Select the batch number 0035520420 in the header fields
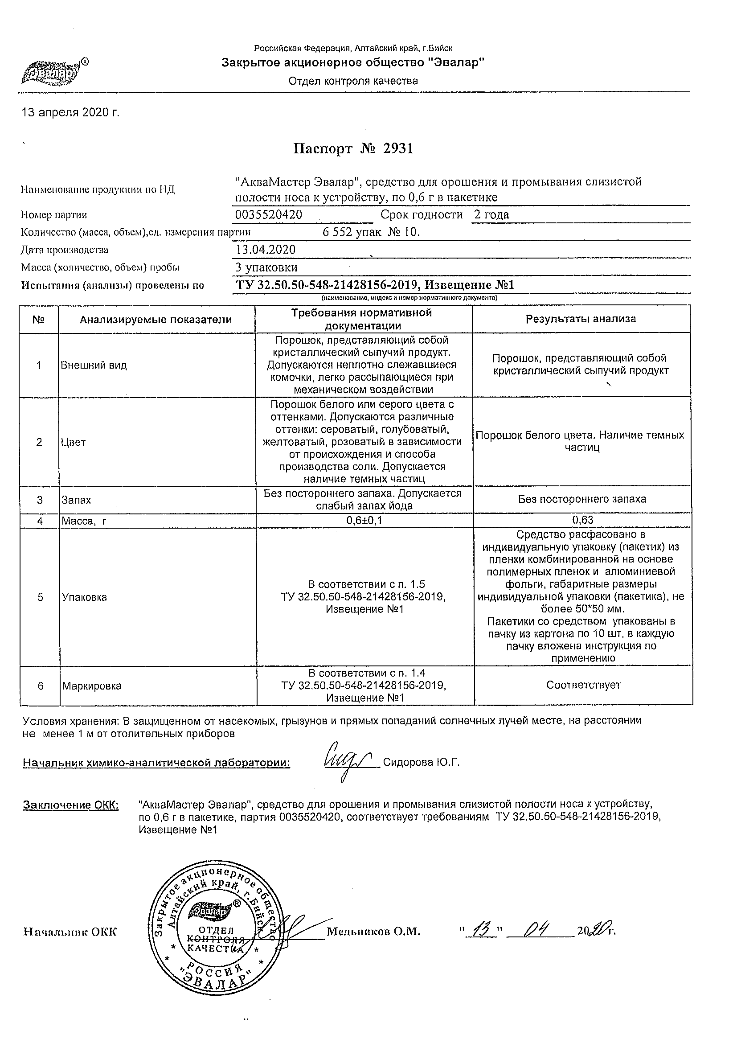(269, 215)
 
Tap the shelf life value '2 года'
(491, 215)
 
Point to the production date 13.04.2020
(266, 250)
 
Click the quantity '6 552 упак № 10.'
(371, 233)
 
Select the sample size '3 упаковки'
(267, 267)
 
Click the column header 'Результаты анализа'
(581, 319)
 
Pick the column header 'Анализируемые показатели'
(156, 320)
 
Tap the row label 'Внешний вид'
(94, 365)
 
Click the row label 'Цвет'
(74, 442)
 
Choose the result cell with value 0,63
(583, 520)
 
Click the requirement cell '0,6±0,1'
(364, 521)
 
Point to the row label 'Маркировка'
(92, 686)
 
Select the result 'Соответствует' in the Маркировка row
(584, 685)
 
